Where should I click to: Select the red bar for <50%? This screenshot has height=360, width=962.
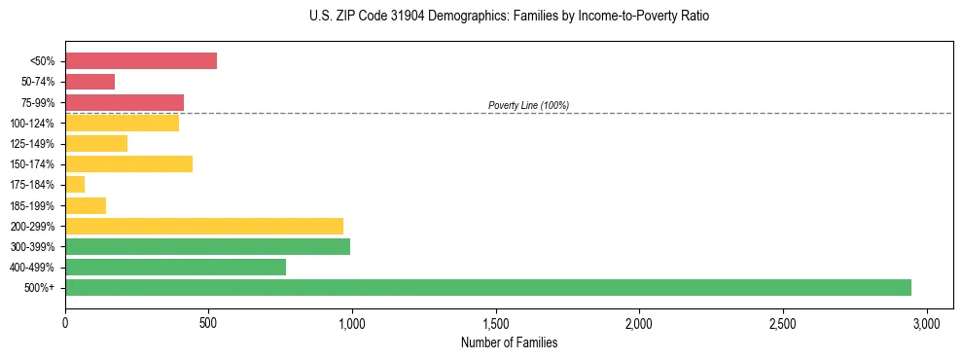pos(141,60)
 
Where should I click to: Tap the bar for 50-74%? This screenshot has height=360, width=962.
pos(89,82)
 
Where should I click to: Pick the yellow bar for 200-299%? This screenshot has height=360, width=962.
pos(204,226)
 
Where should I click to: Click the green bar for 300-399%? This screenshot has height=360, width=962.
pos(207,246)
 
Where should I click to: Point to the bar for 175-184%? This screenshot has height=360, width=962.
pos(75,184)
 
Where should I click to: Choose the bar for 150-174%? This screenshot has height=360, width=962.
pos(128,163)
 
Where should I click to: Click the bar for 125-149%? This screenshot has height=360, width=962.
pos(96,143)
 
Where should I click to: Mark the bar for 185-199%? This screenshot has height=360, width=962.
pos(86,205)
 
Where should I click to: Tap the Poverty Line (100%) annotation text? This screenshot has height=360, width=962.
pos(528,105)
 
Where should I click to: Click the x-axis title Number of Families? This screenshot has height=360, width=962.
pos(509,342)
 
